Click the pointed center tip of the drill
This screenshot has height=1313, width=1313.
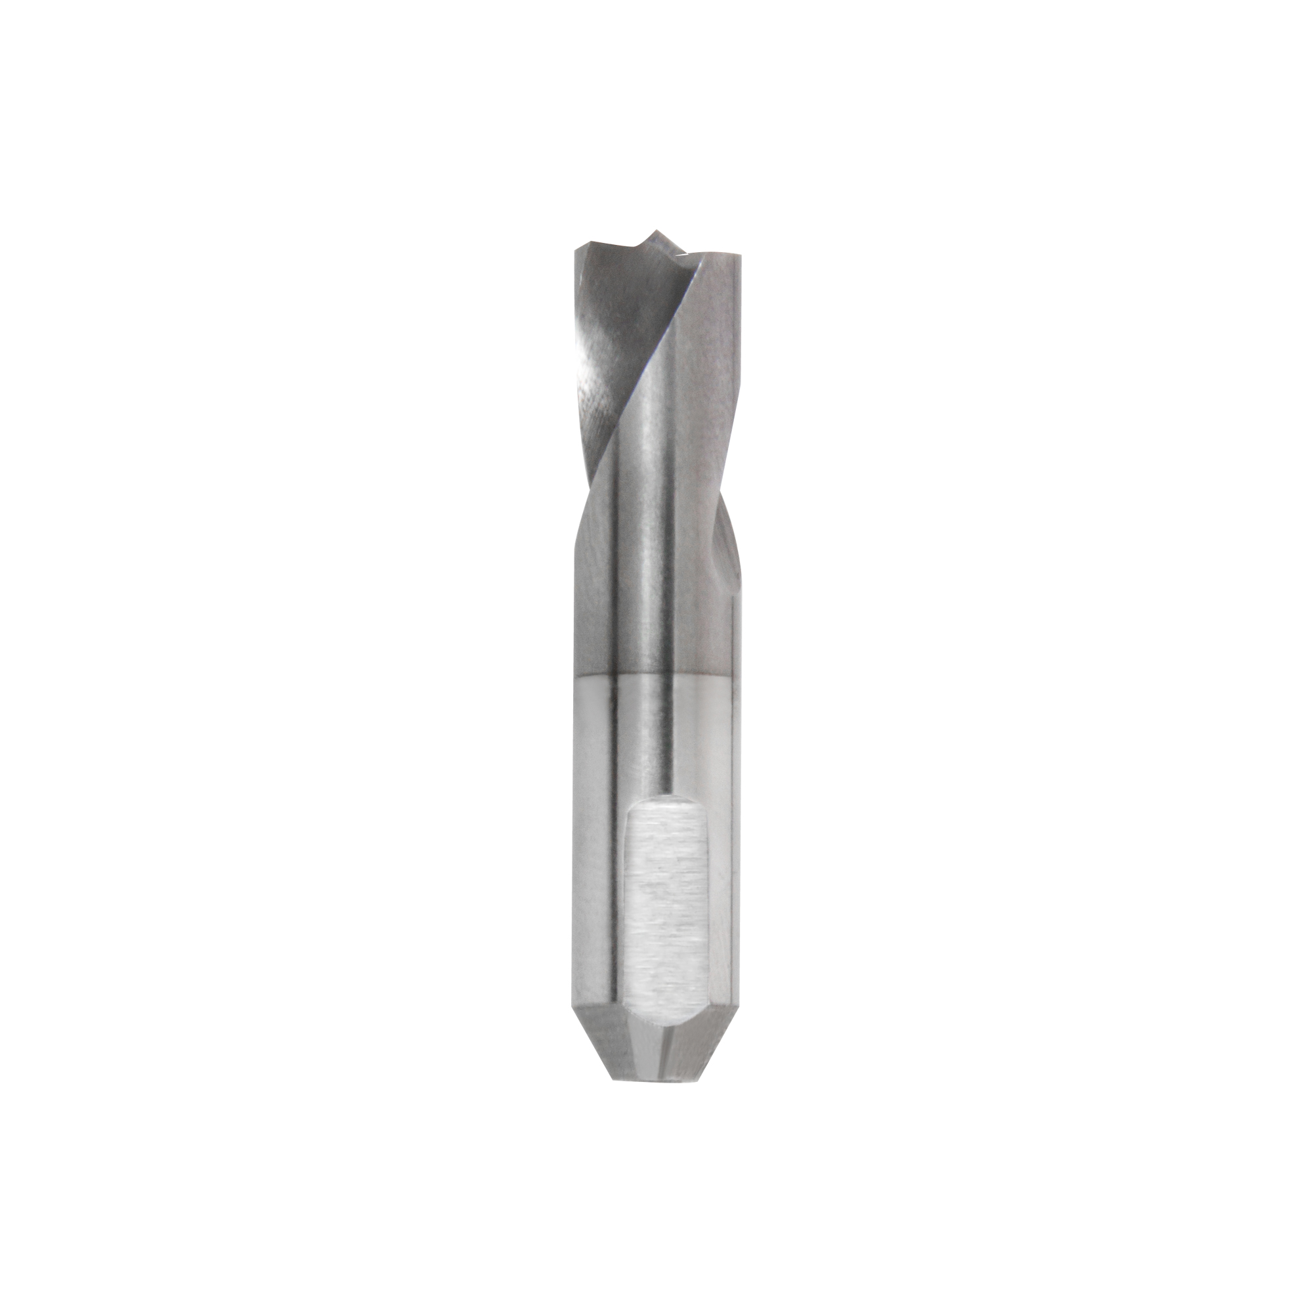pyautogui.click(x=656, y=232)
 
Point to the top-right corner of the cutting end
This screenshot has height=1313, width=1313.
pyautogui.click(x=736, y=255)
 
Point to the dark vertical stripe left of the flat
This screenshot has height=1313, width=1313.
pyautogui.click(x=615, y=884)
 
